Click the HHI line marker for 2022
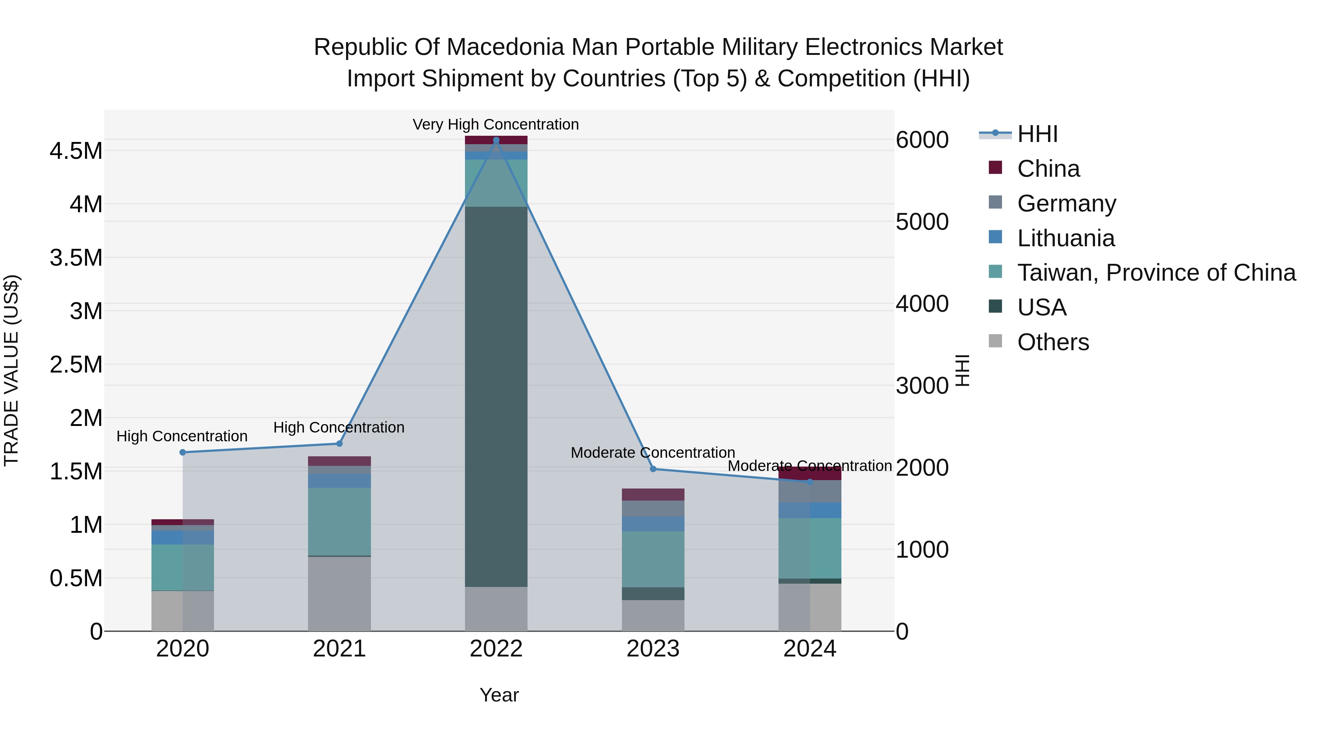pyautogui.click(x=496, y=140)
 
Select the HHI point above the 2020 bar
pyautogui.click(x=183, y=452)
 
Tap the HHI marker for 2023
pyautogui.click(x=653, y=469)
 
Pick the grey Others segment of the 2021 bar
pyautogui.click(x=339, y=593)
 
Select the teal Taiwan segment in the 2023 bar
pyautogui.click(x=653, y=559)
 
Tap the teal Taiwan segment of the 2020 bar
pyautogui.click(x=183, y=568)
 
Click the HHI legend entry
pyautogui.click(x=1038, y=134)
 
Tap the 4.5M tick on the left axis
pyautogui.click(x=76, y=151)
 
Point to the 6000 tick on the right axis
pyautogui.click(x=922, y=140)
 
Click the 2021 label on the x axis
pyautogui.click(x=339, y=649)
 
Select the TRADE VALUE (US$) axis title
pyautogui.click(x=11, y=370)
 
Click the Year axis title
pyautogui.click(x=499, y=695)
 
